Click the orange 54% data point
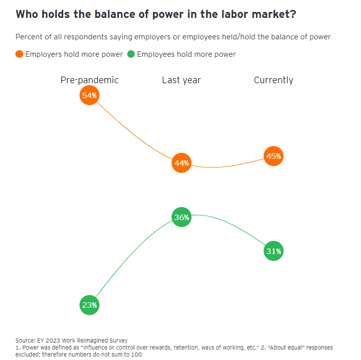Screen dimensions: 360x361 (x=90, y=95)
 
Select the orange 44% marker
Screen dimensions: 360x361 (x=181, y=163)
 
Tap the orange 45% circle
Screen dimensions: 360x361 (x=273, y=156)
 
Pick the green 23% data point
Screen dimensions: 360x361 (x=90, y=305)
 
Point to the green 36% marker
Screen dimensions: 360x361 (x=181, y=217)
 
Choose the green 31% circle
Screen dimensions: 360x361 (x=273, y=251)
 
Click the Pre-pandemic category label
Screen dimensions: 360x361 (x=90, y=80)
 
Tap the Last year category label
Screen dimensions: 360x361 (x=181, y=80)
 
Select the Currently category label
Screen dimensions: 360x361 (x=273, y=80)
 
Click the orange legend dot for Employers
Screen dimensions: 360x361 (x=19, y=54)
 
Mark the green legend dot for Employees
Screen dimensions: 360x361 (x=131, y=54)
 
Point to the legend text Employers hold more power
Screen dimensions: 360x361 (x=74, y=54)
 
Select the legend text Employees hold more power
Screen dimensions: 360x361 (x=186, y=54)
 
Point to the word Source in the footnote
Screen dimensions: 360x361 (x=26, y=341)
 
